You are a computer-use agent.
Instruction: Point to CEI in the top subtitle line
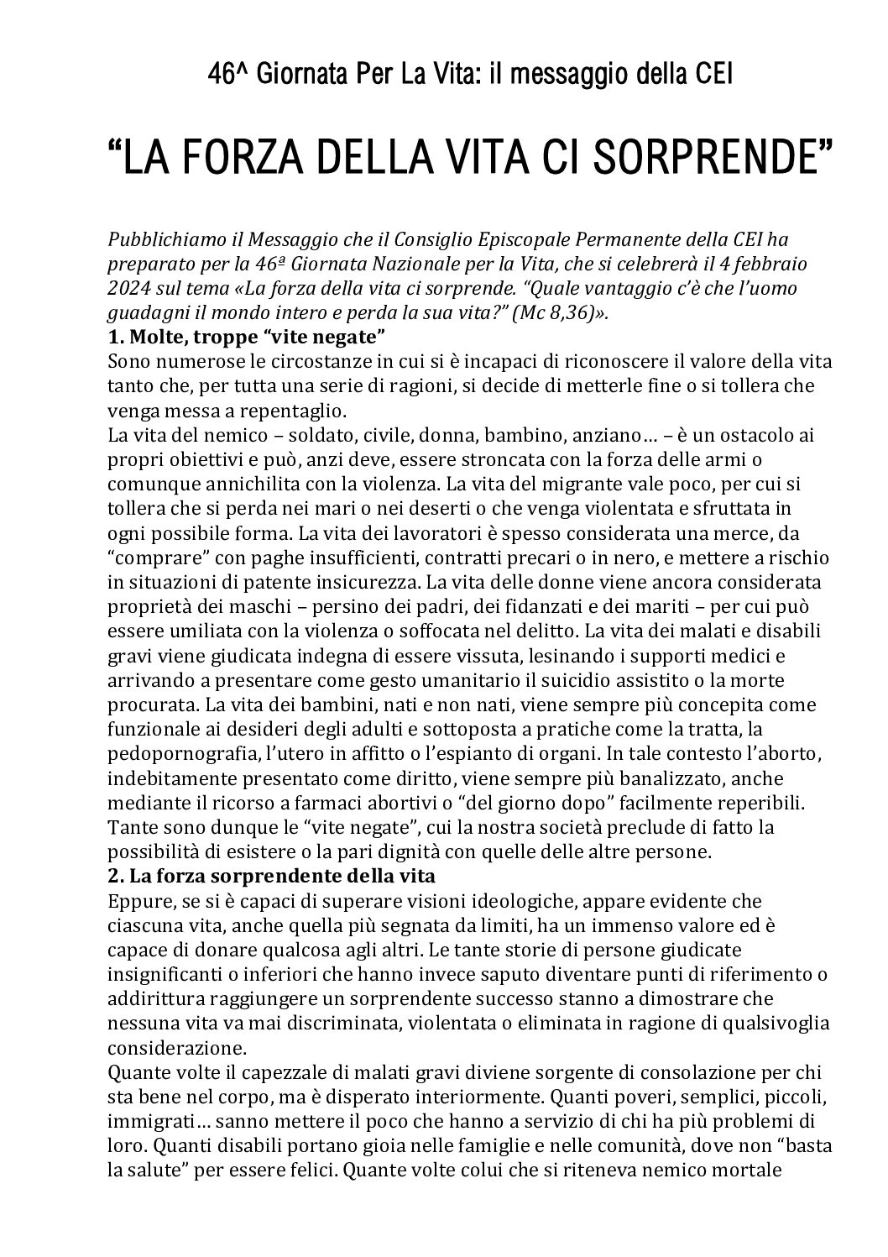coord(713,76)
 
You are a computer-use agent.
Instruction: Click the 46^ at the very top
coord(227,76)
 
